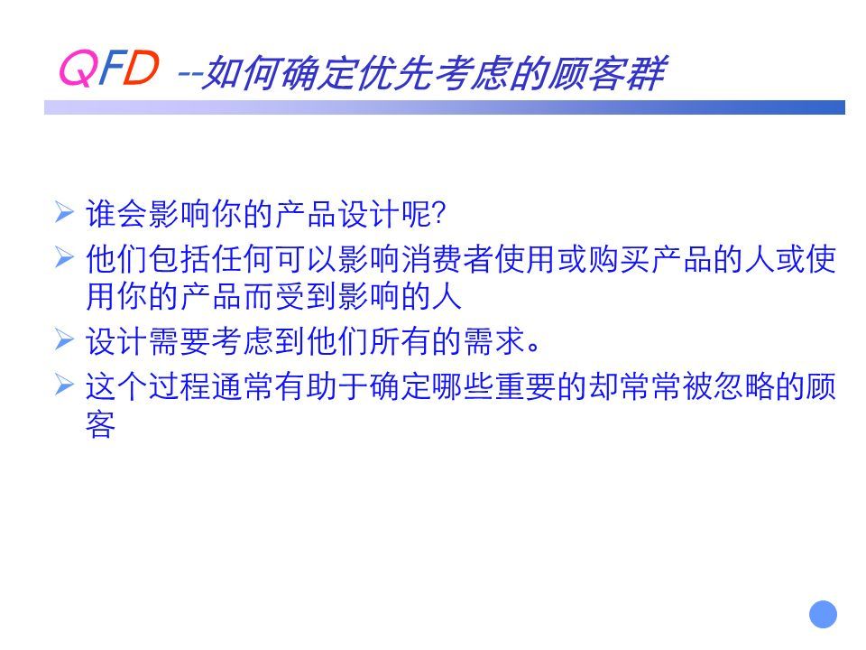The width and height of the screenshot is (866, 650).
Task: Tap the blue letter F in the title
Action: click(x=110, y=68)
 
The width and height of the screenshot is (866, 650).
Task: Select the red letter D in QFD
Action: click(x=141, y=68)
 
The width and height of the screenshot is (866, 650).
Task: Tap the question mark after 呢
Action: click(x=439, y=215)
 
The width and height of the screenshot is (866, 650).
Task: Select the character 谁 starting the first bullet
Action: click(x=100, y=214)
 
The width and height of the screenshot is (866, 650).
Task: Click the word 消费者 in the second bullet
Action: click(x=447, y=259)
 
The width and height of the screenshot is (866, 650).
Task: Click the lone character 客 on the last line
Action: click(x=100, y=424)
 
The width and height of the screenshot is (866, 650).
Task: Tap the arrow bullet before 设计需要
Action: click(x=64, y=339)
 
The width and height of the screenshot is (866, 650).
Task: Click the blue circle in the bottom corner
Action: click(x=823, y=614)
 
